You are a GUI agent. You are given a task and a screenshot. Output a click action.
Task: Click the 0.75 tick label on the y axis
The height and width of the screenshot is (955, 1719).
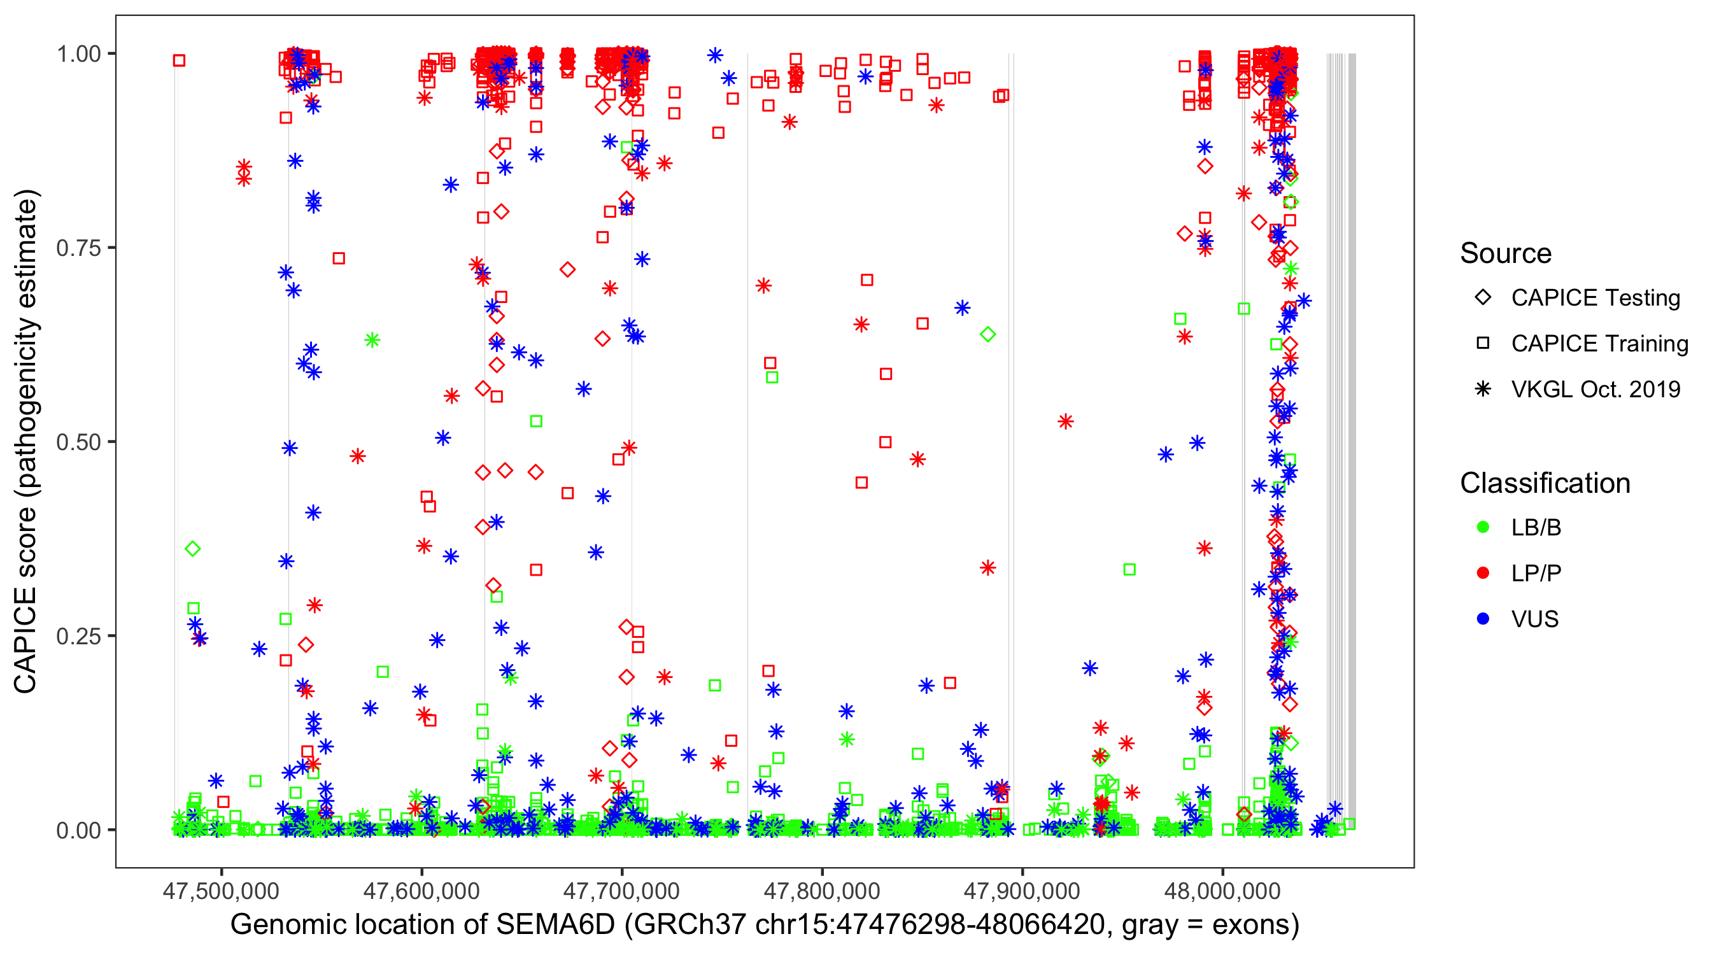click(x=78, y=248)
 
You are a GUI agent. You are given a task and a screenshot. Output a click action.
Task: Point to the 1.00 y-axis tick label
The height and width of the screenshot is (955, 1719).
click(x=78, y=54)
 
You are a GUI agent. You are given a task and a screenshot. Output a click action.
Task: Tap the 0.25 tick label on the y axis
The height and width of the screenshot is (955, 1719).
click(x=78, y=637)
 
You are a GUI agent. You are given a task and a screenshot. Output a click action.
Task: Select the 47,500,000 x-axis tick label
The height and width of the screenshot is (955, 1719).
click(x=221, y=890)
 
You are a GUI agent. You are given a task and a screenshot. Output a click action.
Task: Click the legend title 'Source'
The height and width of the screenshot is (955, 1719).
click(x=1506, y=253)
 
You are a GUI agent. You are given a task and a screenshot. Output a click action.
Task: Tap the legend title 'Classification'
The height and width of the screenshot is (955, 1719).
click(x=1545, y=483)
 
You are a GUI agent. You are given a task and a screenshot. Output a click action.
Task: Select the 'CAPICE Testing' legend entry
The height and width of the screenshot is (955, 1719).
click(x=1595, y=298)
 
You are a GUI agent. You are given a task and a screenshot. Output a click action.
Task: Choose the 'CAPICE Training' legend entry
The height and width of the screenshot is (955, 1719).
click(x=1599, y=344)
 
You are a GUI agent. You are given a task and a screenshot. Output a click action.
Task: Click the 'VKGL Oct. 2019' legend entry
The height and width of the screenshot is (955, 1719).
click(x=1595, y=389)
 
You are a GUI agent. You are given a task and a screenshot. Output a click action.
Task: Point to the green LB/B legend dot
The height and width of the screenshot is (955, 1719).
click(x=1483, y=527)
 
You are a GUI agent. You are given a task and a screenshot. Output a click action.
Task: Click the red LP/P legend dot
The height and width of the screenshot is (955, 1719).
click(x=1483, y=573)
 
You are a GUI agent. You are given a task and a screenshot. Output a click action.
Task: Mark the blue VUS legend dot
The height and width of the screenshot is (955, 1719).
click(x=1483, y=619)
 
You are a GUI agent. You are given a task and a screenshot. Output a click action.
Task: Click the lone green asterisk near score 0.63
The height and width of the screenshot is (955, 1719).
click(x=372, y=341)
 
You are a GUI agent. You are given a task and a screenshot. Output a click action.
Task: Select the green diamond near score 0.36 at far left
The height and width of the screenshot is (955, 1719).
click(x=193, y=549)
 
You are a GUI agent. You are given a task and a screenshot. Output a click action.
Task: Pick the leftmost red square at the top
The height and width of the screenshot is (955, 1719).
click(x=179, y=60)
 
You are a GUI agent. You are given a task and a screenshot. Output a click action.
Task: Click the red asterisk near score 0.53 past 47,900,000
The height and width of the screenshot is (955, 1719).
click(x=1066, y=421)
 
